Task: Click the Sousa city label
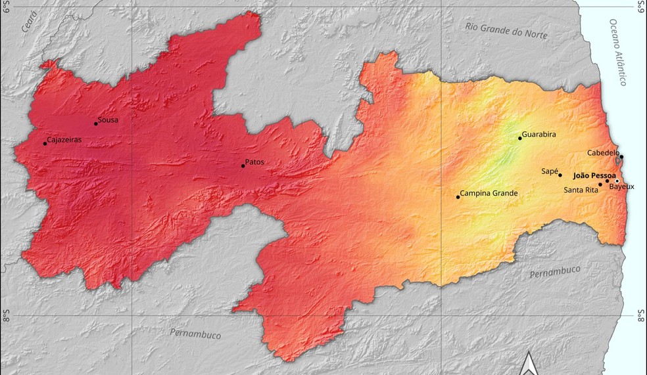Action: pyautogui.click(x=108, y=120)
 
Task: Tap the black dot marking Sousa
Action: pyautogui.click(x=96, y=123)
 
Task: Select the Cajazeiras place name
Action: pyautogui.click(x=64, y=140)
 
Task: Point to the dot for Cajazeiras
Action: pyautogui.click(x=45, y=143)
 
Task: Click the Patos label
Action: pyautogui.click(x=254, y=162)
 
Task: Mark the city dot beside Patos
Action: pyautogui.click(x=243, y=165)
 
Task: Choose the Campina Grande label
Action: pyautogui.click(x=489, y=193)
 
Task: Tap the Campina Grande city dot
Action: pyautogui.click(x=458, y=197)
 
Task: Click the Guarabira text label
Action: pyautogui.click(x=539, y=134)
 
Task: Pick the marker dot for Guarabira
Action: pyautogui.click(x=520, y=138)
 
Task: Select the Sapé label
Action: pyautogui.click(x=549, y=171)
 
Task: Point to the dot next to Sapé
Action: pyautogui.click(x=560, y=175)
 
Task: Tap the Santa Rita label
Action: pyautogui.click(x=581, y=190)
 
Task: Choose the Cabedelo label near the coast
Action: pyautogui.click(x=603, y=152)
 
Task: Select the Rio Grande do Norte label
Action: pyautogui.click(x=506, y=30)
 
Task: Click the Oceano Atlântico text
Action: pyautogui.click(x=618, y=52)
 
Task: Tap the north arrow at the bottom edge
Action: pyautogui.click(x=528, y=364)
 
